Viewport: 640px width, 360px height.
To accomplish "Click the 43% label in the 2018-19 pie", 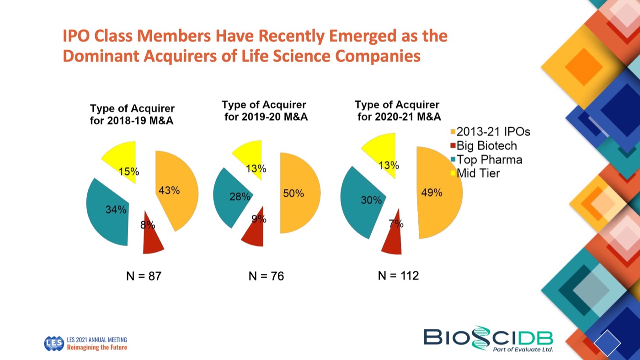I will tap(169, 191).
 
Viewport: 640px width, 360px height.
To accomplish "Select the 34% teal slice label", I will tap(116, 210).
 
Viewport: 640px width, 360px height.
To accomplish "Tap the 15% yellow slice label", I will tap(129, 172).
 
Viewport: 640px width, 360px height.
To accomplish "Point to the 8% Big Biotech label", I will tap(148, 225).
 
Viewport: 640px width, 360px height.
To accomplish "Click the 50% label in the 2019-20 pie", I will tap(293, 193).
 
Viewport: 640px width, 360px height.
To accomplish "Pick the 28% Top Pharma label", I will tap(240, 197).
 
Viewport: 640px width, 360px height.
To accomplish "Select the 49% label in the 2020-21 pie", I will tap(432, 193).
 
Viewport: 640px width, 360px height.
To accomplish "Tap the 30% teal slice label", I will tap(371, 200).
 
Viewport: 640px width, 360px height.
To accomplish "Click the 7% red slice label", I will tap(396, 224).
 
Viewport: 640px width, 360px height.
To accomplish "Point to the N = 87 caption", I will tap(144, 276).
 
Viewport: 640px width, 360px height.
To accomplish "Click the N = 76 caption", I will tap(266, 276).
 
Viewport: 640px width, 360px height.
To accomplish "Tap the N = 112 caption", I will tap(398, 276).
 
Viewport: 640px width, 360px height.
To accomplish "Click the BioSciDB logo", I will tap(488, 339).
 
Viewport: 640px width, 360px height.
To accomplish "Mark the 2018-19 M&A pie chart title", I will tap(132, 115).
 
